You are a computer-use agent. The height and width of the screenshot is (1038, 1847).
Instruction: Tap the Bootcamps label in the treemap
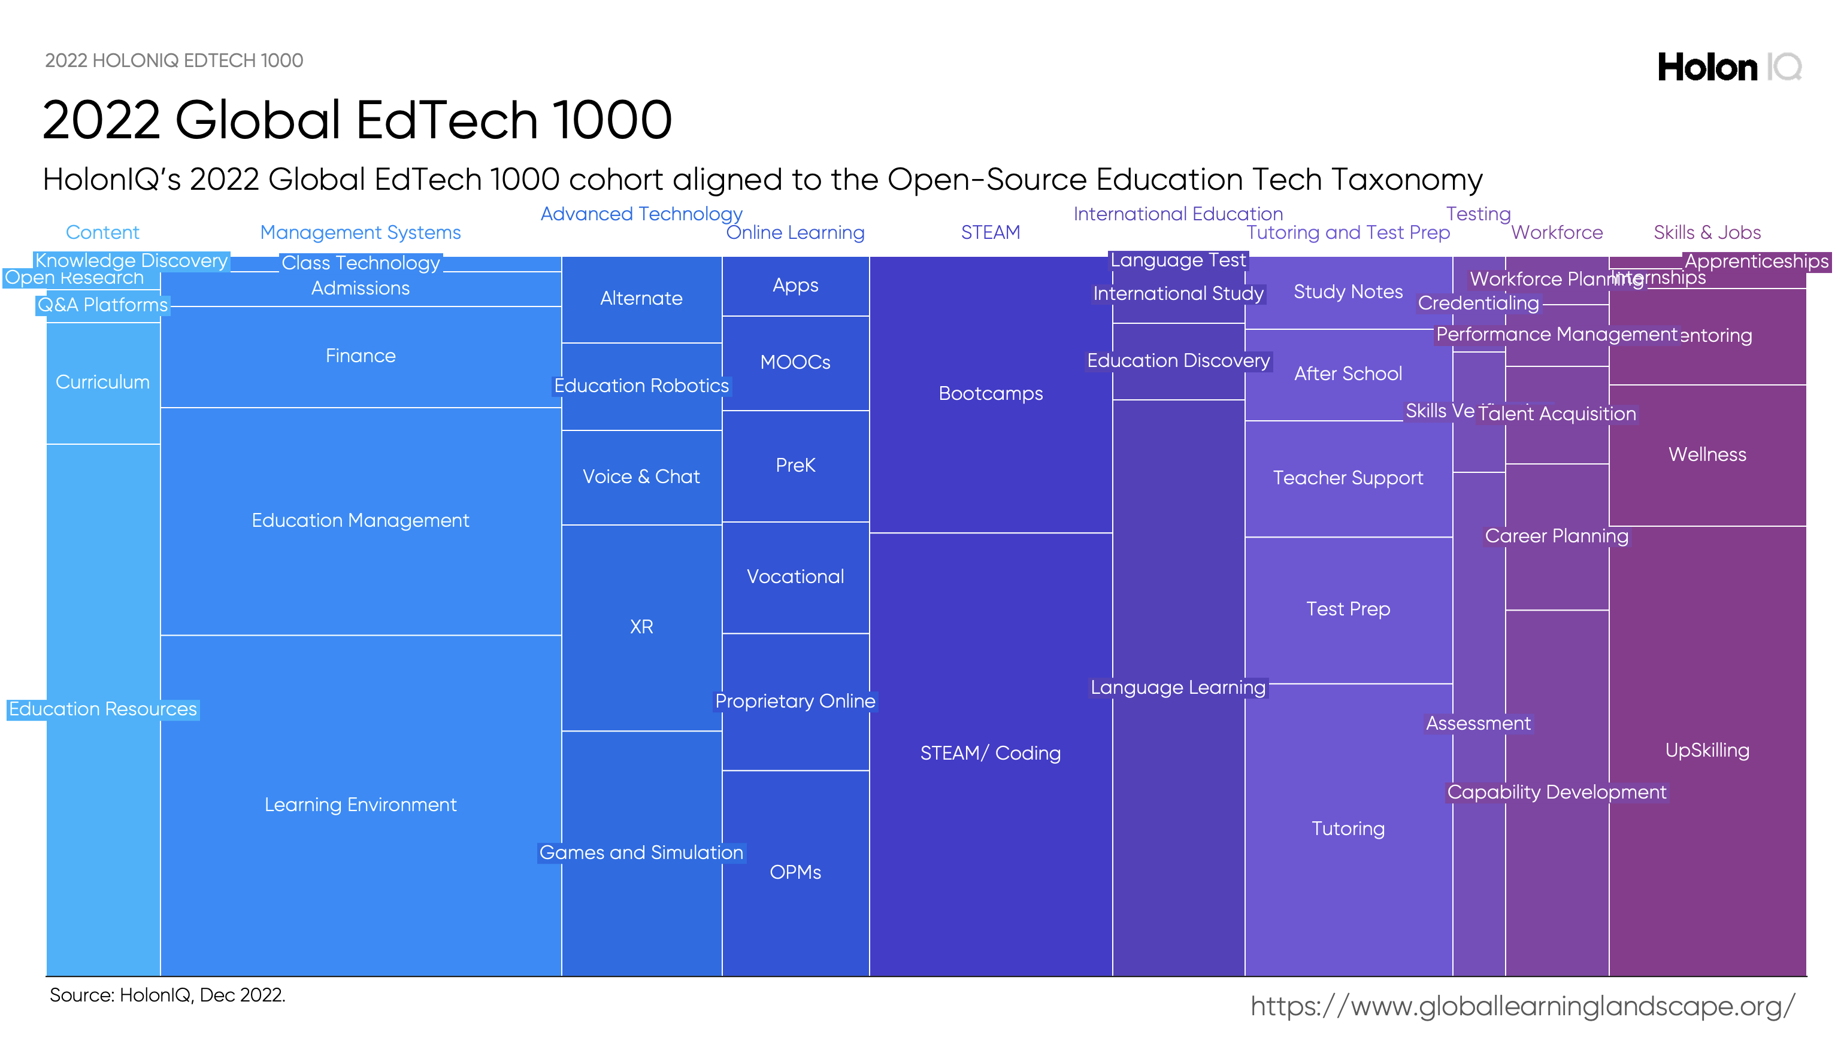pyautogui.click(x=990, y=393)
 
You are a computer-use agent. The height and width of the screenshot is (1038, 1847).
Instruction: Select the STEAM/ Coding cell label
pyautogui.click(x=990, y=752)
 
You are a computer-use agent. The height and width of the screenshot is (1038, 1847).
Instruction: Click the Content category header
pyautogui.click(x=102, y=232)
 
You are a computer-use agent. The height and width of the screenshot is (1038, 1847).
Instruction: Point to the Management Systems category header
pyautogui.click(x=360, y=232)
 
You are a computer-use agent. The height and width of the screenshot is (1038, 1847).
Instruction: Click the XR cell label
pyautogui.click(x=641, y=627)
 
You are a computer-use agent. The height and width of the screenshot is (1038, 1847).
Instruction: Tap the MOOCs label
pyautogui.click(x=795, y=362)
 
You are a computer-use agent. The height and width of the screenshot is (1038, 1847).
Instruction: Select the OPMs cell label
pyautogui.click(x=795, y=872)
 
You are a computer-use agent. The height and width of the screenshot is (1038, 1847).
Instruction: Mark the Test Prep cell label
pyautogui.click(x=1348, y=609)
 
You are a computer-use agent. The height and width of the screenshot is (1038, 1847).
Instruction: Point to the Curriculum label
pyautogui.click(x=102, y=382)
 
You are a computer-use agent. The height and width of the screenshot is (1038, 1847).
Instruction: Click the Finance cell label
pyautogui.click(x=360, y=356)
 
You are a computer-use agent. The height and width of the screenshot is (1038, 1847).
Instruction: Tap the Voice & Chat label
pyautogui.click(x=641, y=476)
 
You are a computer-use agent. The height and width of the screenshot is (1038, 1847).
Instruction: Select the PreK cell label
pyautogui.click(x=795, y=465)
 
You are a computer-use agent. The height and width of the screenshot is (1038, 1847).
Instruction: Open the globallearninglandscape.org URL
pyautogui.click(x=1522, y=1006)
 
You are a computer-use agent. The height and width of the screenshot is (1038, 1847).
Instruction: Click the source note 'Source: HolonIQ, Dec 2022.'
pyautogui.click(x=167, y=995)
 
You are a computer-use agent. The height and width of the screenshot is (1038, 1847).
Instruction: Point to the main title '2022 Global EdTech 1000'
pyautogui.click(x=357, y=120)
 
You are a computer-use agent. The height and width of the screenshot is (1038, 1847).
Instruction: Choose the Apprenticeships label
pyautogui.click(x=1756, y=261)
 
